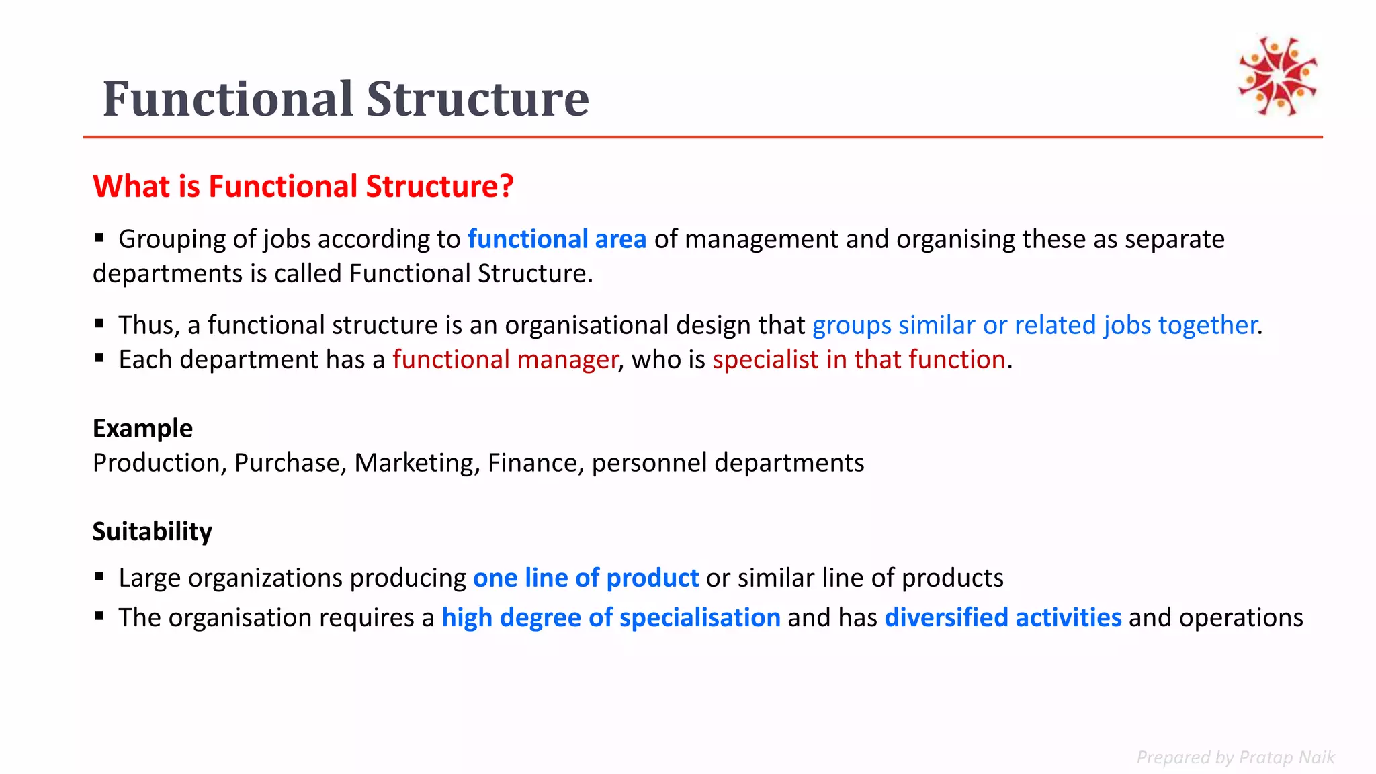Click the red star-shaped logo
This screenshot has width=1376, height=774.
pyautogui.click(x=1277, y=76)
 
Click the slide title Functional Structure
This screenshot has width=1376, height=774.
pyautogui.click(x=345, y=99)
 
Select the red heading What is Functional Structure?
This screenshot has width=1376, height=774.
pyautogui.click(x=303, y=186)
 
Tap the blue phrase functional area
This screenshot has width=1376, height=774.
pyautogui.click(x=557, y=239)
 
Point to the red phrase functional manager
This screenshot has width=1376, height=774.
pyautogui.click(x=505, y=359)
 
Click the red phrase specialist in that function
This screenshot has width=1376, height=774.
pyautogui.click(x=859, y=359)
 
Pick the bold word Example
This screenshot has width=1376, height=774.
pyautogui.click(x=142, y=428)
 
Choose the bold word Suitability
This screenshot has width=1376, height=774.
pyautogui.click(x=152, y=531)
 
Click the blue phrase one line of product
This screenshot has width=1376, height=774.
pyautogui.click(x=586, y=578)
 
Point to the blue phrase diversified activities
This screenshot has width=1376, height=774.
pyautogui.click(x=1002, y=617)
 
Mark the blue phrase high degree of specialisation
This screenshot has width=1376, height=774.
pyautogui.click(x=611, y=617)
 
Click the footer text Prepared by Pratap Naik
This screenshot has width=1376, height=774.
pyautogui.click(x=1235, y=757)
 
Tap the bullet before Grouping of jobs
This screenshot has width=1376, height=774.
pyautogui.click(x=99, y=237)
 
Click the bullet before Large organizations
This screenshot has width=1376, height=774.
pyautogui.click(x=99, y=576)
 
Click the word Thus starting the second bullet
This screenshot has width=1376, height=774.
pyautogui.click(x=148, y=325)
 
